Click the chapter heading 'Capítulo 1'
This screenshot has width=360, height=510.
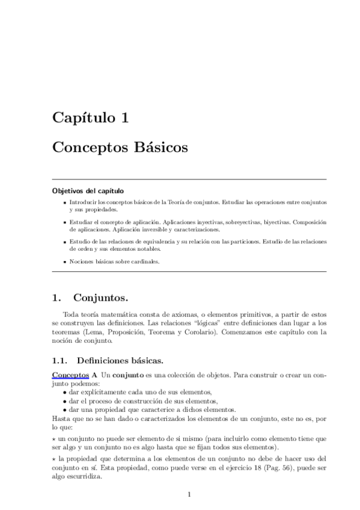coord(90,117)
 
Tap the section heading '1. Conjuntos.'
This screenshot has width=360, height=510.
coord(90,296)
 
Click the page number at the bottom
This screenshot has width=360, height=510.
coord(189,495)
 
